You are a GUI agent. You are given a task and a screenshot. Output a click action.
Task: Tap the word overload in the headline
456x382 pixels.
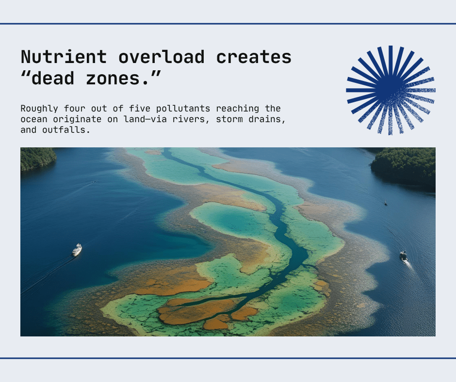tap(162, 57)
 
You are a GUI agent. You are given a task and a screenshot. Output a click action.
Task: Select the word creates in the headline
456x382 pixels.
tap(254, 57)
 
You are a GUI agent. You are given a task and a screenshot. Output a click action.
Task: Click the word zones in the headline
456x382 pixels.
tap(114, 79)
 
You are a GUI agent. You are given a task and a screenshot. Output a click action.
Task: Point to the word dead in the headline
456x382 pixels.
tap(53, 78)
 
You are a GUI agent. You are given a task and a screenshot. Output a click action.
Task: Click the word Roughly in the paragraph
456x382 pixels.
tap(39, 109)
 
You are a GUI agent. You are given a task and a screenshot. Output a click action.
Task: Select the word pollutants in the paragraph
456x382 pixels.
tap(183, 109)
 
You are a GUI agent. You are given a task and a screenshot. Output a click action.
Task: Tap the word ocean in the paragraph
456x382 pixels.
tap(34, 119)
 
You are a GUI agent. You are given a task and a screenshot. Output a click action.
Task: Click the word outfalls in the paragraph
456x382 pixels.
tap(66, 129)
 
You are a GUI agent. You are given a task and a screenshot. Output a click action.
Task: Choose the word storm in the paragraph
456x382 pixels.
tap(229, 119)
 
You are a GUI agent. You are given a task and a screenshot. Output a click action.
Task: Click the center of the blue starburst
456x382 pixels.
tap(391, 90)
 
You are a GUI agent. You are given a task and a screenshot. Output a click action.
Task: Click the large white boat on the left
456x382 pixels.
tap(77, 250)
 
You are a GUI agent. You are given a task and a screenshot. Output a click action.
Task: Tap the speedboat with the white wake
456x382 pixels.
tap(403, 256)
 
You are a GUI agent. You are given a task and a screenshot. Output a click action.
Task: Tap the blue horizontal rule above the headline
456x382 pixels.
tap(228, 24)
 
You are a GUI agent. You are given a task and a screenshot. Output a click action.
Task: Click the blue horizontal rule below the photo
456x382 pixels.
tap(228, 358)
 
